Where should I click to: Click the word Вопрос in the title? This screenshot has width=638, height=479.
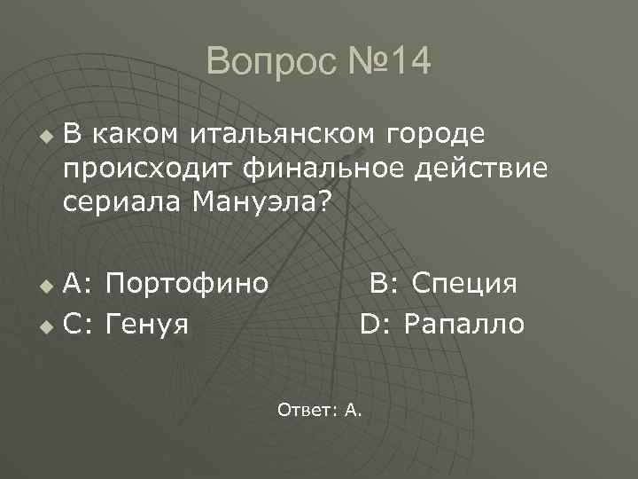pos(257,62)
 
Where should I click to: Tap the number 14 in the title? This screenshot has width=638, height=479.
pos(407,62)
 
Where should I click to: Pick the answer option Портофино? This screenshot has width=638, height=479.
pos(186,285)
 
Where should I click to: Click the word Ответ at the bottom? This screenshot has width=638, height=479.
pos(301,409)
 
